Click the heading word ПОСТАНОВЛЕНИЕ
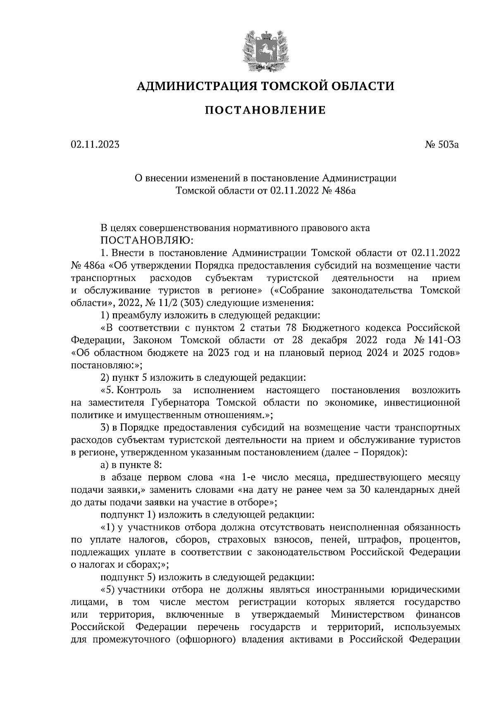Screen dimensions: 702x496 pos(265,110)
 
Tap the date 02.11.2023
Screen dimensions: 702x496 pos(95,145)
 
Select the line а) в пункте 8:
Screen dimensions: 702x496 pos(131,464)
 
